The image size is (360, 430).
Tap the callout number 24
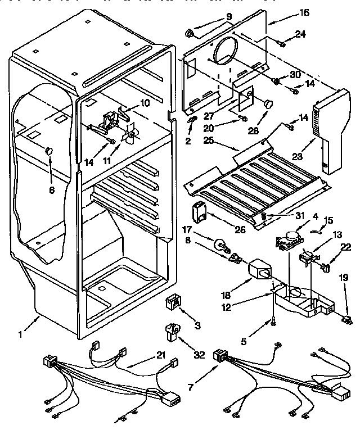[x=300, y=34]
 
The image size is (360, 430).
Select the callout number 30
[x=295, y=75]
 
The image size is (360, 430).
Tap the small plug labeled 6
[x=49, y=150]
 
